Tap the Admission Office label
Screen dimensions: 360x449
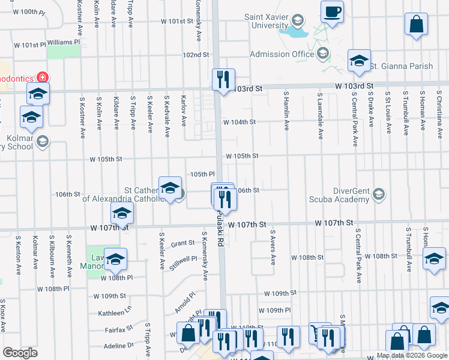pyautogui.click(x=282, y=55)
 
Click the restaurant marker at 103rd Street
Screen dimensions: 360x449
pyautogui.click(x=223, y=79)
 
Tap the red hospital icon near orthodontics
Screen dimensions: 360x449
pyautogui.click(x=43, y=77)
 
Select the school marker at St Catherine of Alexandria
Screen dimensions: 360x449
pyautogui.click(x=170, y=188)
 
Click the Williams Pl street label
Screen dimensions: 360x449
pyautogui.click(x=63, y=43)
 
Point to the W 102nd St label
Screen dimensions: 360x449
pyautogui.click(x=196, y=55)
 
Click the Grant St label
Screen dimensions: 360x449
pyautogui.click(x=182, y=244)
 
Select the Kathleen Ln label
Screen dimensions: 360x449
pyautogui.click(x=115, y=313)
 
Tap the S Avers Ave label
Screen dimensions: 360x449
pyautogui.click(x=273, y=249)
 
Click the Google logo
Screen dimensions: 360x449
pyautogui.click(x=20, y=353)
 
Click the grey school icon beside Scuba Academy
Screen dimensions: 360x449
pyautogui.click(x=379, y=194)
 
